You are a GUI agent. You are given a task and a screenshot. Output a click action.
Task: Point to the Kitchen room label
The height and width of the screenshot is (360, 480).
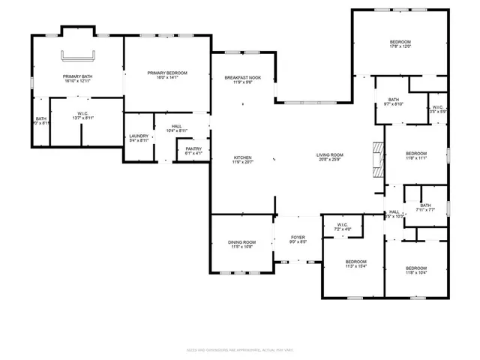[242, 160]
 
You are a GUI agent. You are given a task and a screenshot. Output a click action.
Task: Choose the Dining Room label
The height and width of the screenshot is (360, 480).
[242, 244]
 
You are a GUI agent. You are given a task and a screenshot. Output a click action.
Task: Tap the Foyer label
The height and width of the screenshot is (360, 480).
[298, 239]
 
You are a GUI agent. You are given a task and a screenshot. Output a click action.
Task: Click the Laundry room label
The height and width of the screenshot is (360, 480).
[138, 137]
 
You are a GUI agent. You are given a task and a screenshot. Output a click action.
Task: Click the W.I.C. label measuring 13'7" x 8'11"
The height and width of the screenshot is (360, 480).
[82, 116]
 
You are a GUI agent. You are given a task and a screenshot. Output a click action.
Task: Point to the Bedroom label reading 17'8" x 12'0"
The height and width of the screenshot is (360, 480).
[400, 44]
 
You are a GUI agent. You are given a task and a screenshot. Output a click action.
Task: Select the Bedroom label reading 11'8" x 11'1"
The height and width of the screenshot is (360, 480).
[415, 155]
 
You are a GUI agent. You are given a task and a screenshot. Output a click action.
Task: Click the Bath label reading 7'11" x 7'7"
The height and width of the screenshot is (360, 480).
[425, 208]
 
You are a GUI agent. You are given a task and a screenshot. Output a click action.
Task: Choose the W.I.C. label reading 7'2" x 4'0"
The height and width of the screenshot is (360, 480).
[343, 226]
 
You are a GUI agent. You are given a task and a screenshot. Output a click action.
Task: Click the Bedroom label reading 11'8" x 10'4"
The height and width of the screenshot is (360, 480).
[415, 270]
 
